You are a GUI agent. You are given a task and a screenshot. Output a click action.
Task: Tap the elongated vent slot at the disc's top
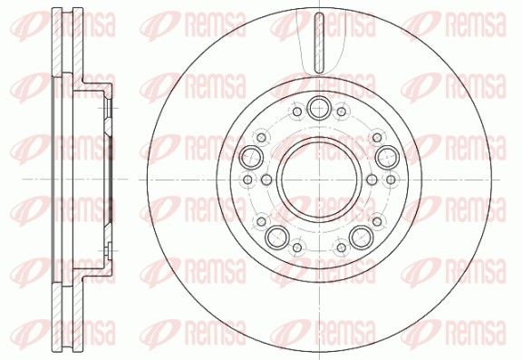pos(319,43)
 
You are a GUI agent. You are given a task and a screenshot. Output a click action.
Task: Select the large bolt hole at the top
pos(319,108)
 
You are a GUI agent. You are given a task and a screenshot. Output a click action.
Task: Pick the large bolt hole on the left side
pos(251,157)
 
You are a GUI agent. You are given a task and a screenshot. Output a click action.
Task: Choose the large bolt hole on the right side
pos(387,157)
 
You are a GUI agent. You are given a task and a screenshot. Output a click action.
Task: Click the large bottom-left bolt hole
pos(277,237)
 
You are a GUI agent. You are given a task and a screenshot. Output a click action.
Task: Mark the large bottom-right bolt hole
pos(361,237)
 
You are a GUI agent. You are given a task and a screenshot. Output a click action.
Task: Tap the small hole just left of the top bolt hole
pos(297,112)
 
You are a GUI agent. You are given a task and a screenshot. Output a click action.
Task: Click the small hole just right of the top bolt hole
pos(342,112)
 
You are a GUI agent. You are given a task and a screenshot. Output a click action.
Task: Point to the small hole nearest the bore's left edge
pos(266,180)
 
